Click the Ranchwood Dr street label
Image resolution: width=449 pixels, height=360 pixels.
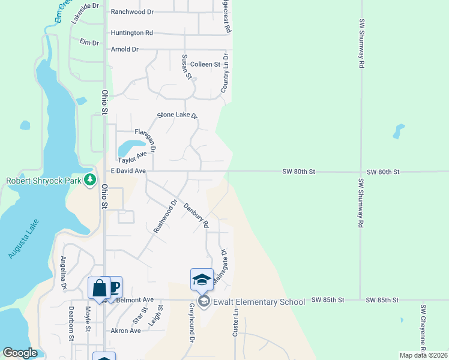tap(132, 12)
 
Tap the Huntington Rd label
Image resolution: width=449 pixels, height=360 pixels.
tap(131, 33)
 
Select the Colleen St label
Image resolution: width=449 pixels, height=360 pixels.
tap(205, 64)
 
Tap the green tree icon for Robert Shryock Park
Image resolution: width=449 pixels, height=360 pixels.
tap(90, 179)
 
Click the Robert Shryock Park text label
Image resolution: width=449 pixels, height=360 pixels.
tap(44, 180)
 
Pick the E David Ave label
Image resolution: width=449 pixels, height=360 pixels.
tap(128, 171)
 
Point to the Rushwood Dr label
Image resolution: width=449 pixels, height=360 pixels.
tap(165, 216)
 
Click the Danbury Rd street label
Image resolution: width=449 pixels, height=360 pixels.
tap(196, 215)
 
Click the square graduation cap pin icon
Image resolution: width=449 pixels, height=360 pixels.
tap(202, 279)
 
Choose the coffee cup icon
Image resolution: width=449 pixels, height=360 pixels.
tap(113, 287)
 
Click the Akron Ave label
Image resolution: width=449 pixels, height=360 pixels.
tap(126, 331)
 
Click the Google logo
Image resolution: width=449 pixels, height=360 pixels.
tap(20, 353)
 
